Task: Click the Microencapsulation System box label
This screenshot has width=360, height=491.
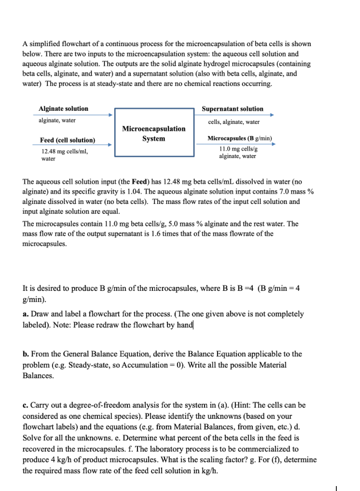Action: tap(154, 134)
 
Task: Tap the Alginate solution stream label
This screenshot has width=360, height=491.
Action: tap(63, 109)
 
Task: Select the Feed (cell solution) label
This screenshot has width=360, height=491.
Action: tap(67, 140)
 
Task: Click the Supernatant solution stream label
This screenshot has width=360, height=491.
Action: tap(233, 109)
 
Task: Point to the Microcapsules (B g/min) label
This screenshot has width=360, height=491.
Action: tap(240, 138)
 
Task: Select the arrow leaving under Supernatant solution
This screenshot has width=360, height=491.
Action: tap(237, 115)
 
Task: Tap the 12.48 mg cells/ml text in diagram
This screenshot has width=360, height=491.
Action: tap(64, 152)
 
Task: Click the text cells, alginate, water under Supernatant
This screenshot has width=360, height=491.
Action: tap(233, 122)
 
